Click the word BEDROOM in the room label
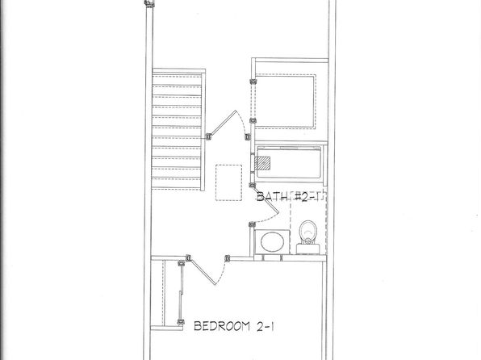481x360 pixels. point(222,326)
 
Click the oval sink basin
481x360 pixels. point(272,242)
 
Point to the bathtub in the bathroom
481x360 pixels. point(289,162)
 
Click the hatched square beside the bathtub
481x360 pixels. point(262,163)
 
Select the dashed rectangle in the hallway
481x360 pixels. point(229,182)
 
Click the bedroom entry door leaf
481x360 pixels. point(202,271)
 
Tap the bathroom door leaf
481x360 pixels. point(266,199)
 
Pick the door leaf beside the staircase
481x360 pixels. point(222,123)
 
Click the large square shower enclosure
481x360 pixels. point(285,102)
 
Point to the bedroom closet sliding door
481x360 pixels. point(181,293)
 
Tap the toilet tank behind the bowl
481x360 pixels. point(308,249)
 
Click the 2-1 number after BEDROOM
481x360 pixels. point(265,327)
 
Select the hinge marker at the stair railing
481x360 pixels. point(208,136)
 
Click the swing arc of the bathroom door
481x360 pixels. point(267,218)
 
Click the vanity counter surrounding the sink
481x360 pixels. point(272,242)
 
